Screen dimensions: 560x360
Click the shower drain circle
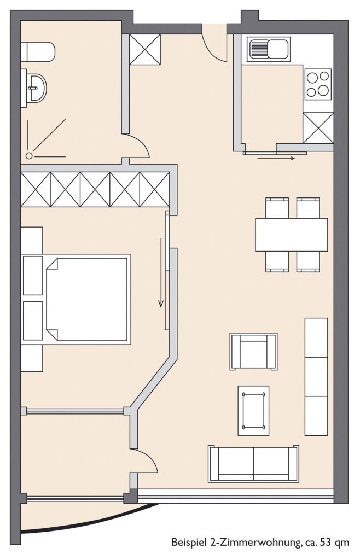point(29,155)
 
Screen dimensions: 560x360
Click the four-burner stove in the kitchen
point(318,84)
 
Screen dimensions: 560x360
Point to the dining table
point(291,234)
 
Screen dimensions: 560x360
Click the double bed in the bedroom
point(88,299)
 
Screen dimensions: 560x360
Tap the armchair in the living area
point(254,351)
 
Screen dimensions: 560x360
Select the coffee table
point(253,410)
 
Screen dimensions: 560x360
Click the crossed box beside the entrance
point(145,49)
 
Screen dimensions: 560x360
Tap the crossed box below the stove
point(318,128)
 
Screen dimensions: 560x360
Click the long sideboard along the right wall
point(316,376)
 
